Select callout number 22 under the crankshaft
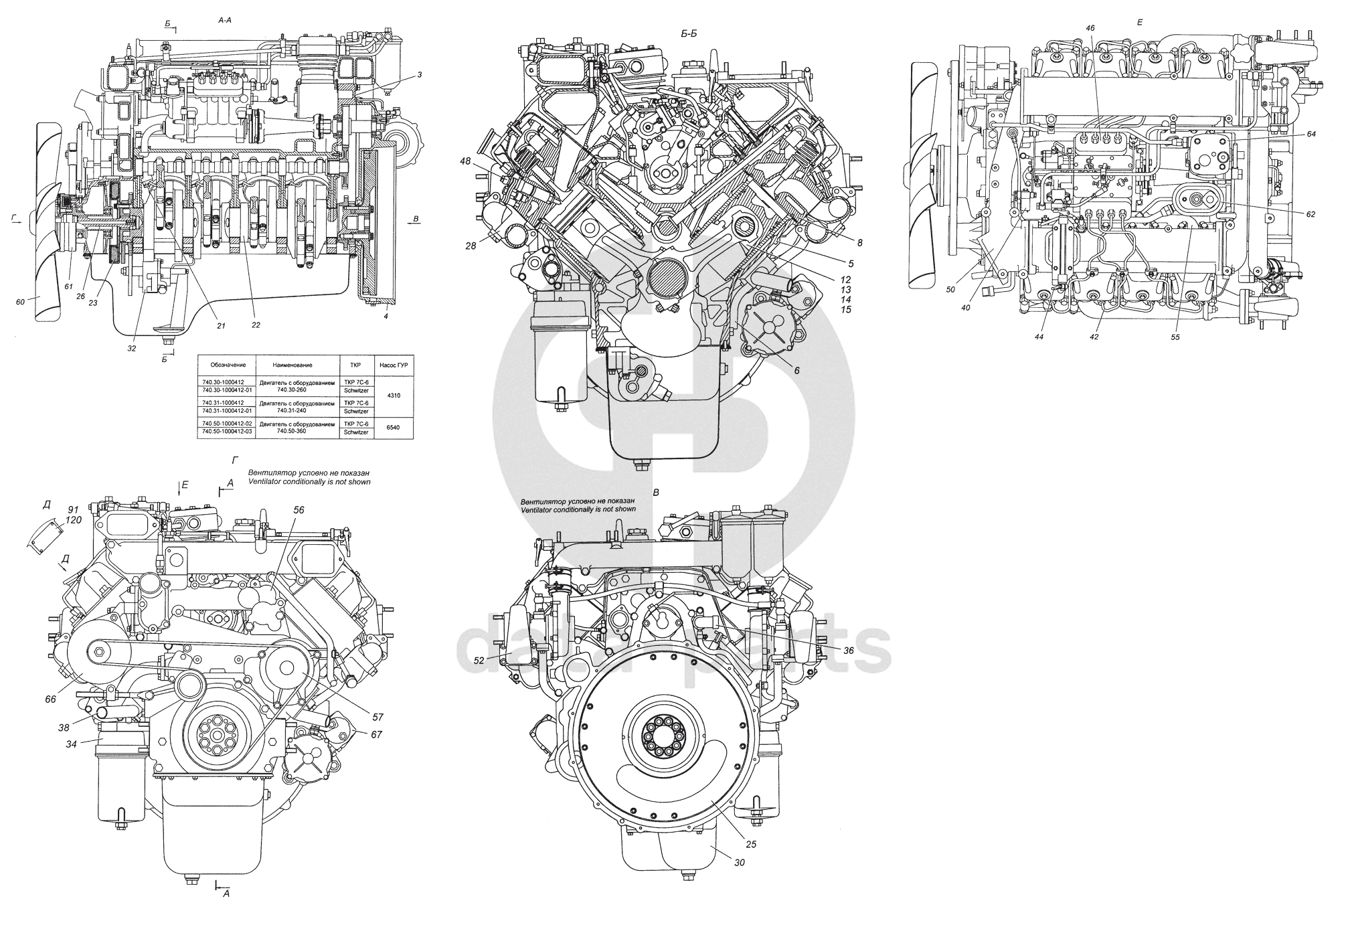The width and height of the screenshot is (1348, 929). tap(256, 325)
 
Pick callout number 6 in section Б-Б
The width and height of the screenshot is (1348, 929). tap(797, 369)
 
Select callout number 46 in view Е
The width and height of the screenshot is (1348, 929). tap(1090, 29)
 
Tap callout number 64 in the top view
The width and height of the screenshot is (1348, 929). tap(1311, 134)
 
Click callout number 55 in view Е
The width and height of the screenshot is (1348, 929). tap(1175, 337)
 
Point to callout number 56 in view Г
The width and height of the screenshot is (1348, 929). tap(299, 509)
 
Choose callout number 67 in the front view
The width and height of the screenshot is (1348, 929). tap(377, 734)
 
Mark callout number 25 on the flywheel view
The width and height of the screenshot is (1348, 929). tap(751, 844)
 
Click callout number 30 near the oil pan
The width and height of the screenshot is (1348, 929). tap(739, 863)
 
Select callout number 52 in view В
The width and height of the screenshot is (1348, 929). tap(479, 661)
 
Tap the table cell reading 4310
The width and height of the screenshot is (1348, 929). tap(394, 396)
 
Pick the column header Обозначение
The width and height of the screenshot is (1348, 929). tap(228, 365)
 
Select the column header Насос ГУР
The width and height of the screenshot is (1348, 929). tap(394, 365)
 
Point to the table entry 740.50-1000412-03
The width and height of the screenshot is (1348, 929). tap(228, 432)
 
